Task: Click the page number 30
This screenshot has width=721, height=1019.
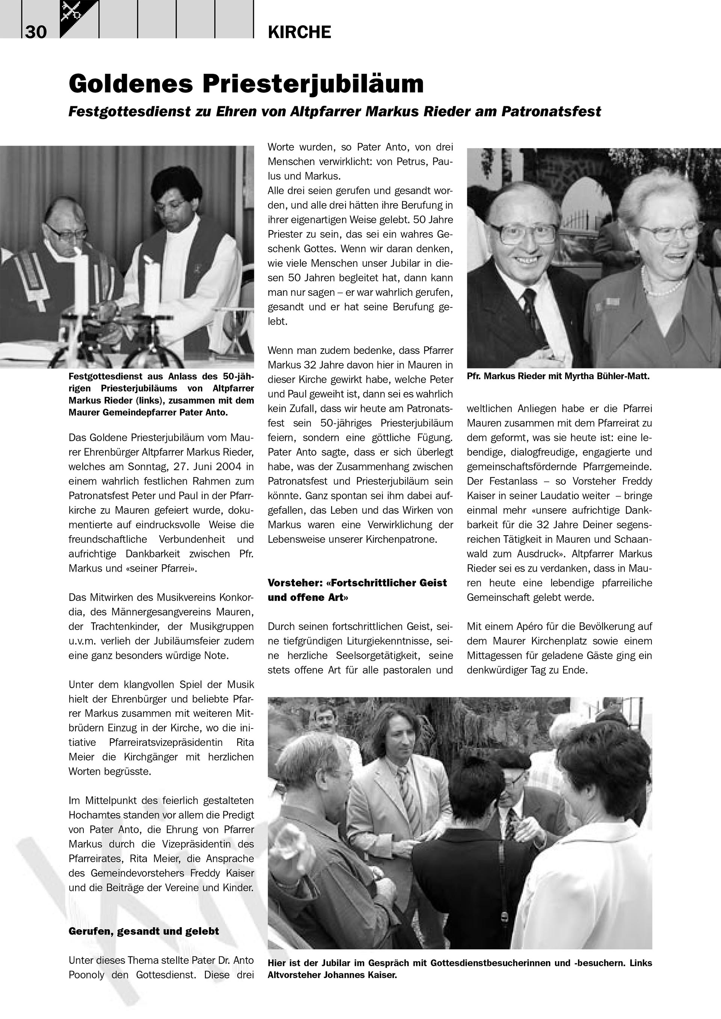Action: [x=36, y=32]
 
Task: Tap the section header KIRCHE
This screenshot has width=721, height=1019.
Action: [x=299, y=32]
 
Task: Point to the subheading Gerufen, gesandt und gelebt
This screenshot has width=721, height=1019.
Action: [x=143, y=931]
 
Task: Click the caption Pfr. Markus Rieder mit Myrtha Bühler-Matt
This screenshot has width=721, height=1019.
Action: [x=558, y=377]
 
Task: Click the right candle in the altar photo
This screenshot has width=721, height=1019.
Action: [x=151, y=284]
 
